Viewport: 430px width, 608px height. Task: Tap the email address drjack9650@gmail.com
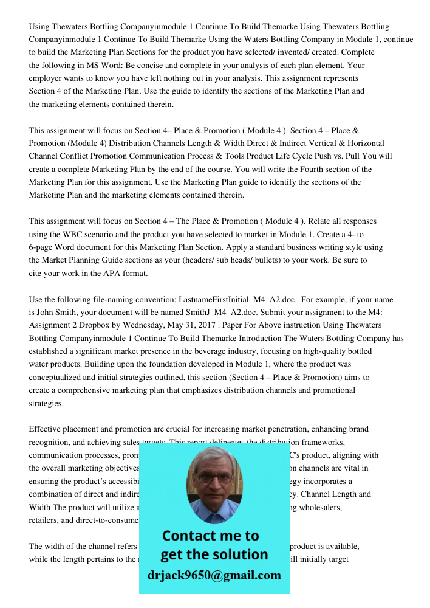(214, 575)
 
